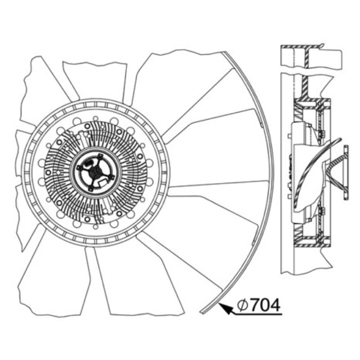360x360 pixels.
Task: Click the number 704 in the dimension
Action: pos(265,306)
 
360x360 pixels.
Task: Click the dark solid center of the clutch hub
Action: pos(95,171)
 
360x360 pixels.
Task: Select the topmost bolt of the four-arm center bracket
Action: pos(100,156)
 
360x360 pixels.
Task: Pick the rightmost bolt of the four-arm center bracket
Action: pos(112,177)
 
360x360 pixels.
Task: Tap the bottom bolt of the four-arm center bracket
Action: pos(91,189)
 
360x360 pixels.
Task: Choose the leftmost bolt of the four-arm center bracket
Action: pos(79,168)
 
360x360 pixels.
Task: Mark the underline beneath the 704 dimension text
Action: pos(256,314)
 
